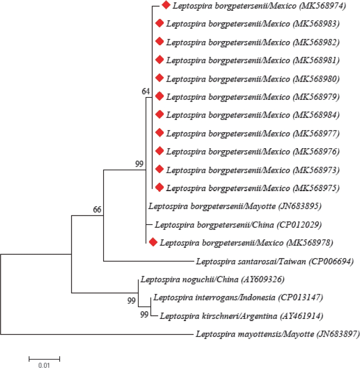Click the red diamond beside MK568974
click(x=165, y=5)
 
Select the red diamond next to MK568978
click(x=153, y=242)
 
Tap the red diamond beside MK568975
click(x=159, y=187)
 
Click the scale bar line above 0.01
click(x=44, y=347)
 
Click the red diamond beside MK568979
click(x=159, y=96)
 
